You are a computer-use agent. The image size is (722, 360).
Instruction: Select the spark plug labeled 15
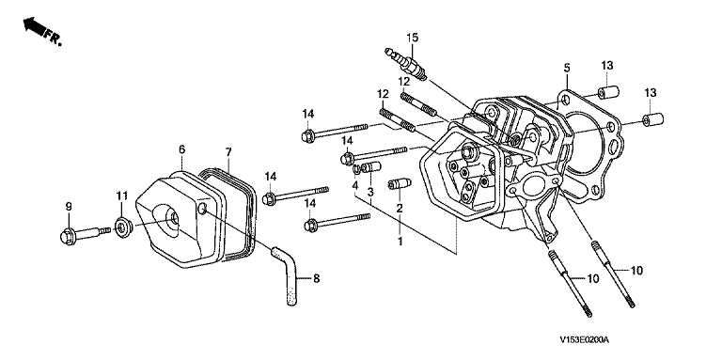tap(406, 63)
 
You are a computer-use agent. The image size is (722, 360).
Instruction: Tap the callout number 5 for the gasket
tap(567, 68)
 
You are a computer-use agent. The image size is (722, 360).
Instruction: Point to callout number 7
tap(228, 151)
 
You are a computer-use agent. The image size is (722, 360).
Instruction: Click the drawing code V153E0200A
tap(585, 340)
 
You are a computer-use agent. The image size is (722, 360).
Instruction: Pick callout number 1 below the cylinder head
tap(400, 241)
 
